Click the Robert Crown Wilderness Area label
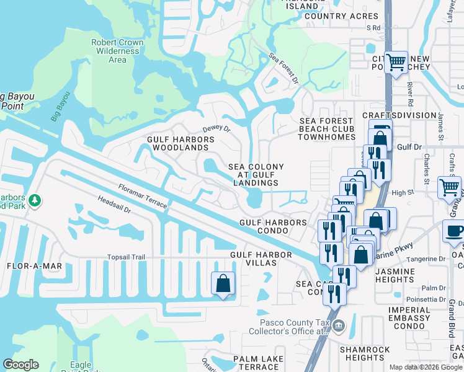[x=117, y=51]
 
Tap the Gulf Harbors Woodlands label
[x=181, y=144]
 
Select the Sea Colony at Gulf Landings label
[x=256, y=175]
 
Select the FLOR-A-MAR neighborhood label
[x=34, y=266]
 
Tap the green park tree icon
[x=35, y=200]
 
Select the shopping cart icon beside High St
[x=449, y=187]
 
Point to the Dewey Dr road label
[x=216, y=130]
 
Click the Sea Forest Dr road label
[x=283, y=69]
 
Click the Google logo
[x=20, y=365]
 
